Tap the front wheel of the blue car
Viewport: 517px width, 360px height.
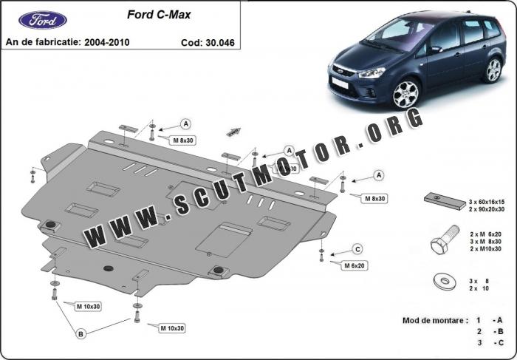coord(406,94)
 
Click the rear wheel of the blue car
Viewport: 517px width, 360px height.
coord(492,70)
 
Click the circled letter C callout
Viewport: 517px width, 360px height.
coord(357,248)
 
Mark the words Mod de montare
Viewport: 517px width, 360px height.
coord(434,320)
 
